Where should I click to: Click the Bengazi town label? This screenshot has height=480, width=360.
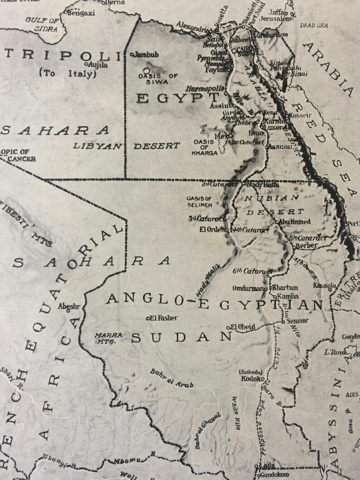pyautogui.click(x=82, y=13)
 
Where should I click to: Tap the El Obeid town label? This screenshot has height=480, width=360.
pyautogui.click(x=243, y=327)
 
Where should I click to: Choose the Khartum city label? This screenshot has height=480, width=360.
pyautogui.click(x=285, y=287)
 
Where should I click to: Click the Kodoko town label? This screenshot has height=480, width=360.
pyautogui.click(x=250, y=378)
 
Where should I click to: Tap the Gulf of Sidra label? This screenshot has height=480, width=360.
pyautogui.click(x=42, y=24)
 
